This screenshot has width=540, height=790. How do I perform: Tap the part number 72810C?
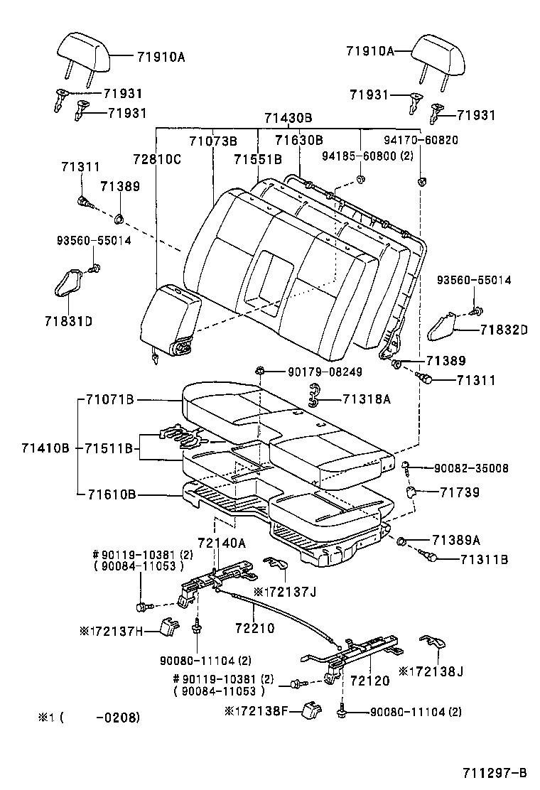click(156, 159)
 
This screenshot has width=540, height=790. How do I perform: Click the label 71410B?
click(45, 448)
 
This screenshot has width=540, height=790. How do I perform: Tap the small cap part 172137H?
click(169, 627)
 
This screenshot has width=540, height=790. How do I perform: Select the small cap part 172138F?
click(310, 709)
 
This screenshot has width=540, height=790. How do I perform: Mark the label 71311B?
click(484, 559)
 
